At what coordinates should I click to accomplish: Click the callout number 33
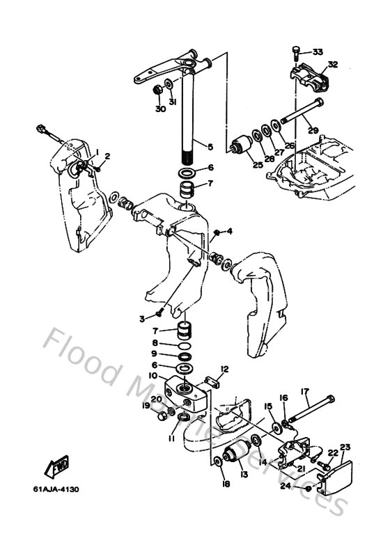click(x=318, y=52)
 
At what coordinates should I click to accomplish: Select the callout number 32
click(x=332, y=65)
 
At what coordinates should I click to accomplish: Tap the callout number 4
click(x=229, y=231)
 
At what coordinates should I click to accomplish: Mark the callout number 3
click(x=141, y=319)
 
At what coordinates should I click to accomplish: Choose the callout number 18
click(x=225, y=483)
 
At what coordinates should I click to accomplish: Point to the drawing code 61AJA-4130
click(x=55, y=489)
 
